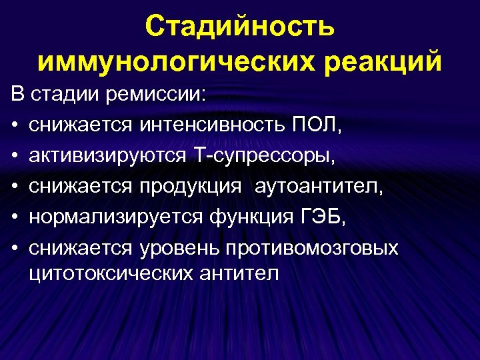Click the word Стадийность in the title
tap(240, 27)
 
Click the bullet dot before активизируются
tap(14, 156)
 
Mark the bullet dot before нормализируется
tap(14, 217)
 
